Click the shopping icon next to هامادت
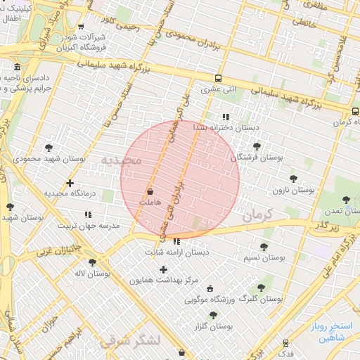[x=150, y=191]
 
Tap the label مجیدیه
[x=121, y=161]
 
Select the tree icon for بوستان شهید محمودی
[x=49, y=148]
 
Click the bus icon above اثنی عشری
[x=218, y=78]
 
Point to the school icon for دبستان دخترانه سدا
[x=225, y=117]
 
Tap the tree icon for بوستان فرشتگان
[x=257, y=146]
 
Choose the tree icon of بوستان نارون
[x=292, y=179]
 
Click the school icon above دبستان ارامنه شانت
[x=176, y=241]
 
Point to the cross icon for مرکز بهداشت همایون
[x=164, y=269]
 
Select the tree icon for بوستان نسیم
[x=264, y=247]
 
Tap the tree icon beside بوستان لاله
[x=92, y=262]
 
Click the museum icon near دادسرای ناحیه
[x=17, y=68]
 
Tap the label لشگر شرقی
[x=131, y=341]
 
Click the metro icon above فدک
[x=285, y=342]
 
